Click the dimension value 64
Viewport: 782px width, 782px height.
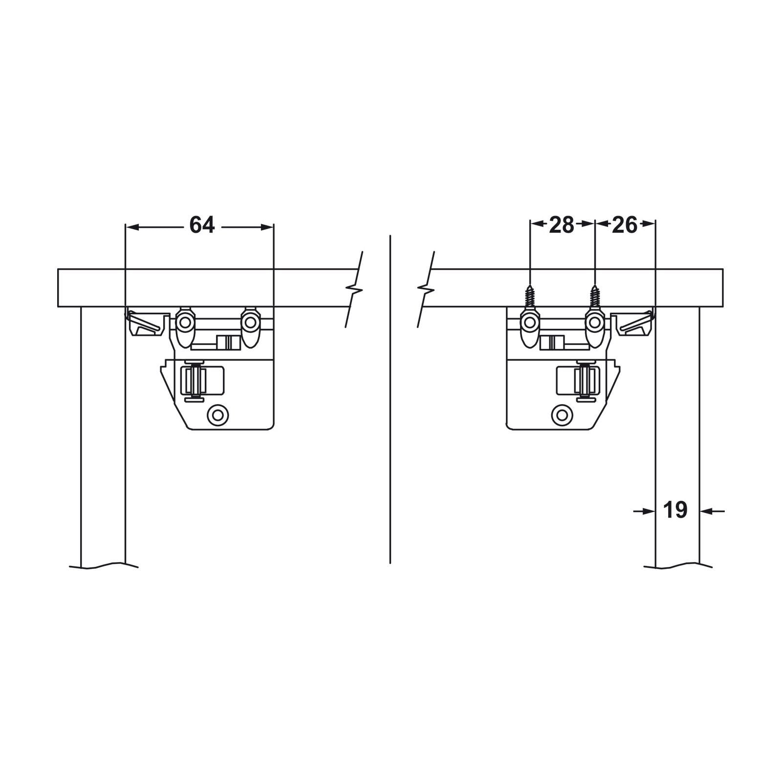[202, 225]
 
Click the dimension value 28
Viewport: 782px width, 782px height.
[562, 225]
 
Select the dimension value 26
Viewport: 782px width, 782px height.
[625, 225]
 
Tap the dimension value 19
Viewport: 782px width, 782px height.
[675, 510]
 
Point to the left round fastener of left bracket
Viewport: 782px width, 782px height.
[185, 322]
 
